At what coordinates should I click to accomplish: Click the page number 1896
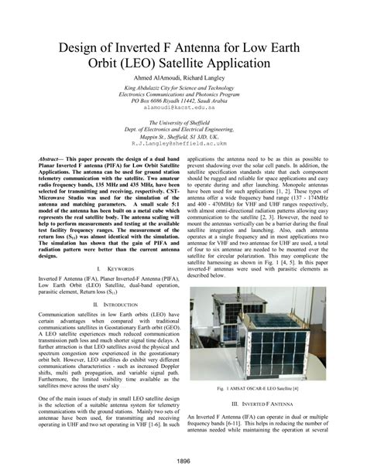click(x=183, y=462)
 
